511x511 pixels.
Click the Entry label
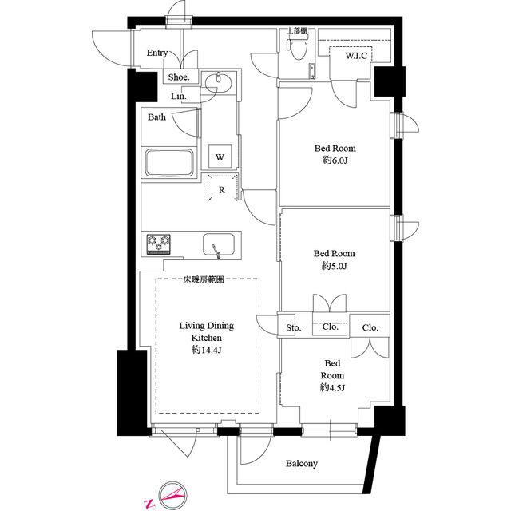click(157, 53)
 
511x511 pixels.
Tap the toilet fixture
click(295, 50)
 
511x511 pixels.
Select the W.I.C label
click(356, 56)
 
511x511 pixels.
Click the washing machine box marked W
click(220, 156)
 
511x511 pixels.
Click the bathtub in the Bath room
click(169, 162)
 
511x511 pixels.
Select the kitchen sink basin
click(219, 244)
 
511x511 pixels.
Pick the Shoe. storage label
click(179, 77)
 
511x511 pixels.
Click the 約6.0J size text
click(335, 160)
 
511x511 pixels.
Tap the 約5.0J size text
click(335, 266)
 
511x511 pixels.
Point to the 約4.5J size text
click(332, 387)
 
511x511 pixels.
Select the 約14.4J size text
click(207, 350)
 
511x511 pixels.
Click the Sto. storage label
click(294, 327)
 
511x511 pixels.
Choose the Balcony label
click(302, 463)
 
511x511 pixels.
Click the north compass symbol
click(172, 496)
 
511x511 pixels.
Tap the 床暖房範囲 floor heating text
click(204, 279)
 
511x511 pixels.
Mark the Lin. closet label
click(179, 97)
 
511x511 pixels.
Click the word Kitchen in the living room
click(207, 338)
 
